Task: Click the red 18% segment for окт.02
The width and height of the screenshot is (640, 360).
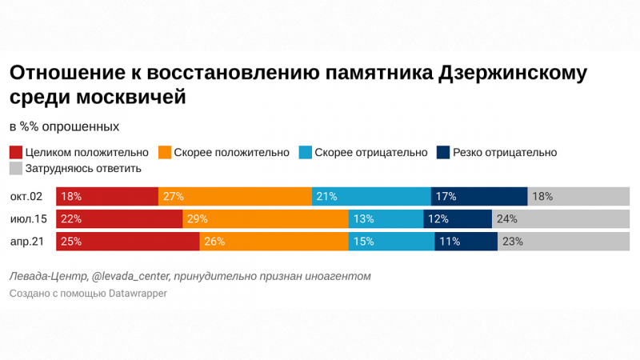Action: tap(107, 196)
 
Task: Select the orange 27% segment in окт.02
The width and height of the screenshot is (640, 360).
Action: tap(235, 196)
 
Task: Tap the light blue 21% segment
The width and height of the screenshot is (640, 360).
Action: tap(371, 196)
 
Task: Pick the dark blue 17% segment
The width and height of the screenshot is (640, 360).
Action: tap(479, 196)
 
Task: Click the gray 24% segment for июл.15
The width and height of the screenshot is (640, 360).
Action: tap(561, 218)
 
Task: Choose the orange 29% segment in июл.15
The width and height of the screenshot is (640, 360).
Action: tap(265, 218)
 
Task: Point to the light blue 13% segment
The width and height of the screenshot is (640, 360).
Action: tap(386, 218)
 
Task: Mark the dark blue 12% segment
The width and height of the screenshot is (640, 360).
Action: tap(458, 218)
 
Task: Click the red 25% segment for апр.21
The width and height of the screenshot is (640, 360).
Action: tap(127, 241)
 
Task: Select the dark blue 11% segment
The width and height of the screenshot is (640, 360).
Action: tap(466, 241)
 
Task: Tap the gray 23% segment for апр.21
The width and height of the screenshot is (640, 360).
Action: tap(564, 241)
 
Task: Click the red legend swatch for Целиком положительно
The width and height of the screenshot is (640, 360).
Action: tap(15, 152)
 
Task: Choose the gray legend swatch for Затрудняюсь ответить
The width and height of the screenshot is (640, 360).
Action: tap(15, 169)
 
